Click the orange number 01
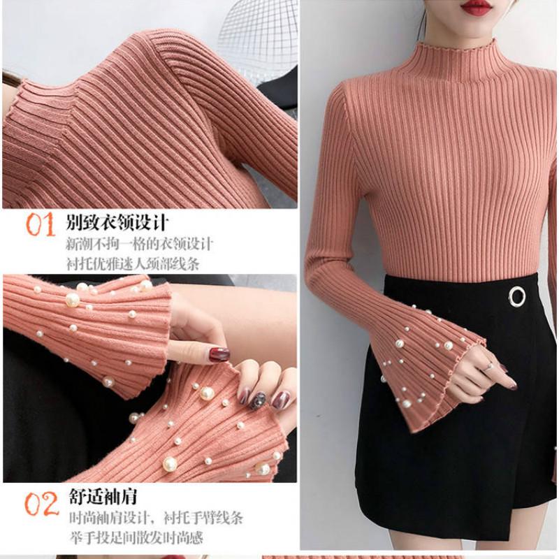40,225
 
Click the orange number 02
41,504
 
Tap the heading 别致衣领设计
117,224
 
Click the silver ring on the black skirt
517,296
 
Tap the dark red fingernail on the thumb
219,354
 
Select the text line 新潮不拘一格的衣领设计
140,245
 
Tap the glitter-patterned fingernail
258,400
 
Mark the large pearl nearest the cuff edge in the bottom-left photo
170,463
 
